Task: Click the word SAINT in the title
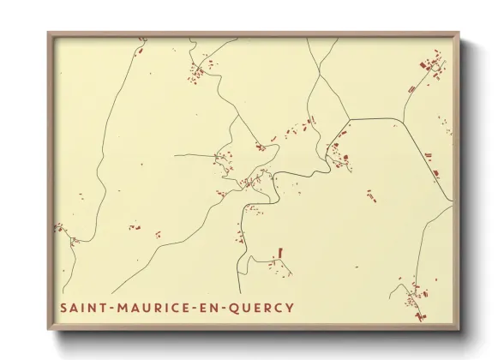pyautogui.click(x=83, y=308)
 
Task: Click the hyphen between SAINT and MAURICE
pyautogui.click(x=110, y=308)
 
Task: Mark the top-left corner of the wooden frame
pyautogui.click(x=48, y=33)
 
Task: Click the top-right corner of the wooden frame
pyautogui.click(x=459, y=33)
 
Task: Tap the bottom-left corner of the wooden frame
pyautogui.click(x=48, y=330)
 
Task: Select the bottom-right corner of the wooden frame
pyautogui.click(x=459, y=330)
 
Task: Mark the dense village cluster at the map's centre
pyautogui.click(x=251, y=181)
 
